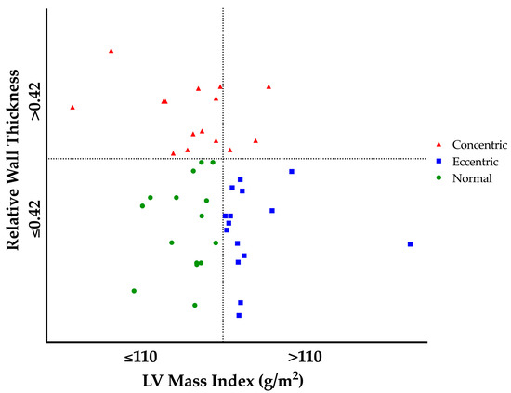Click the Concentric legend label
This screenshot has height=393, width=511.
point(479,144)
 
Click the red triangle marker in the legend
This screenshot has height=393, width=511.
point(439,144)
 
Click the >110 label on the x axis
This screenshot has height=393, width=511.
point(304,356)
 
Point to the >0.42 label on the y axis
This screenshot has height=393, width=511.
point(35,101)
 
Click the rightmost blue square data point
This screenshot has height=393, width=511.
point(410,243)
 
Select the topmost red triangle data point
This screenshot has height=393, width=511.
point(111,51)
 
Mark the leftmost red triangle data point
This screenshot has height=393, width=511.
point(72,107)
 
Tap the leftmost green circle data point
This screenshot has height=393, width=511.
point(134,291)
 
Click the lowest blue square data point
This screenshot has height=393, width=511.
point(239,315)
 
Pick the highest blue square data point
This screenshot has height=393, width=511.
point(292,171)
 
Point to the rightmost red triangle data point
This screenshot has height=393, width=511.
point(269,86)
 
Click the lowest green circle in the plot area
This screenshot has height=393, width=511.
point(194,305)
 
